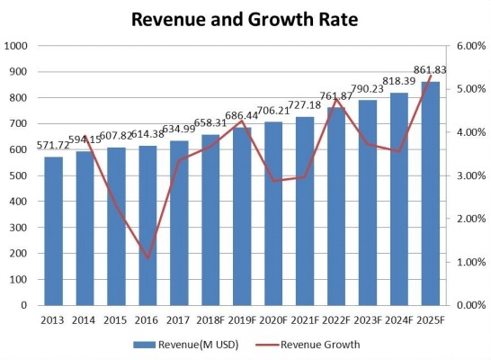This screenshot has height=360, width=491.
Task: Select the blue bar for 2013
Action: [54, 230]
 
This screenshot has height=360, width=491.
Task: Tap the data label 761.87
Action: [335, 97]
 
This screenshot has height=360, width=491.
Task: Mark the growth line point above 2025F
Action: [429, 76]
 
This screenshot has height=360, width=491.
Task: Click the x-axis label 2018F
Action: [210, 319]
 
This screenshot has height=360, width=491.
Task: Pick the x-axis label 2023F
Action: [367, 319]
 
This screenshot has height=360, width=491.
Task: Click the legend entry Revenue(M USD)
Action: [192, 344]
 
